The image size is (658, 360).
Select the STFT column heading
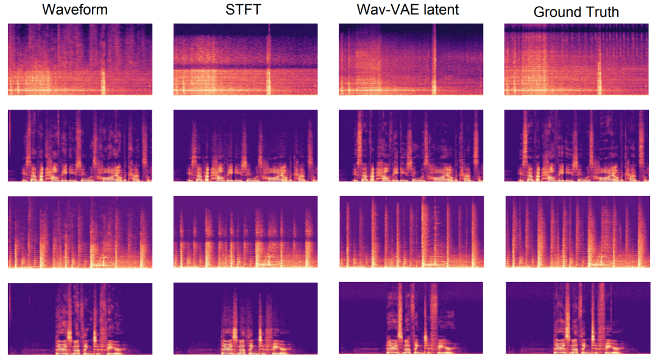tap(246, 10)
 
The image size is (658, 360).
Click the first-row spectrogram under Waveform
tap(80, 59)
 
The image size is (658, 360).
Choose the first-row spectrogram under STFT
tap(246, 59)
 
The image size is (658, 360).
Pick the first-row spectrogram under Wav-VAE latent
tap(411, 59)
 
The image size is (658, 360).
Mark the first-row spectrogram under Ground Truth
tap(576, 59)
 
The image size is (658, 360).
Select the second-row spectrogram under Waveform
tap(80, 145)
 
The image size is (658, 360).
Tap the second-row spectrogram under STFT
tap(246, 145)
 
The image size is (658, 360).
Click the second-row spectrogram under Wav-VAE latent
tap(411, 145)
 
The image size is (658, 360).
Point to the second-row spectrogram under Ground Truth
tap(576, 145)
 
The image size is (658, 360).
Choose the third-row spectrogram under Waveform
tap(80, 232)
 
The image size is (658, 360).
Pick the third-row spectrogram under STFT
tap(246, 232)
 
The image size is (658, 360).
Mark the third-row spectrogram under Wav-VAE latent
tap(411, 232)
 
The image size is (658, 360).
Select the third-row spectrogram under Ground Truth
tap(576, 232)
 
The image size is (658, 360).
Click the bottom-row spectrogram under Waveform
tap(80, 319)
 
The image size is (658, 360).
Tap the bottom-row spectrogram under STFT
tap(246, 319)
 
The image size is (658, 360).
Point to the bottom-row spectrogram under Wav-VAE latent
tap(411, 319)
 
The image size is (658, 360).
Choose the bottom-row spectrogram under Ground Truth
tap(576, 319)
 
